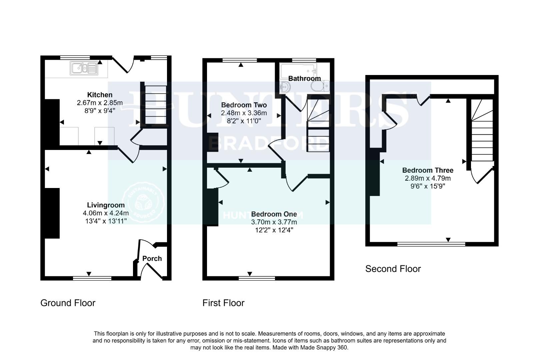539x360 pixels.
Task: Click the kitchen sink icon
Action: (84, 68)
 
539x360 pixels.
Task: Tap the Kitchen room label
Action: (100, 95)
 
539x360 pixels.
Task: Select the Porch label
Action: (152, 258)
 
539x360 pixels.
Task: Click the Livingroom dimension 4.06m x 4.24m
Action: (106, 213)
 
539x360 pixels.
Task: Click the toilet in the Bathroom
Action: (320, 86)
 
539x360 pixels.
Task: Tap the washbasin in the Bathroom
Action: (285, 87)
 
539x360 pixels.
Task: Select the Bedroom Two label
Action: (244, 105)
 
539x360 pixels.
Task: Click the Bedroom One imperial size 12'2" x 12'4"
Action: (274, 230)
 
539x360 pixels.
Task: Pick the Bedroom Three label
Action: (428, 170)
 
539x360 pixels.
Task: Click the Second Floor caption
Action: (393, 269)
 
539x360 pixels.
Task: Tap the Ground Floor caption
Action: (68, 303)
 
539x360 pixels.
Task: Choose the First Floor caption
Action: (223, 303)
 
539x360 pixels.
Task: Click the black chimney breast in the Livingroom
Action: (52, 213)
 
